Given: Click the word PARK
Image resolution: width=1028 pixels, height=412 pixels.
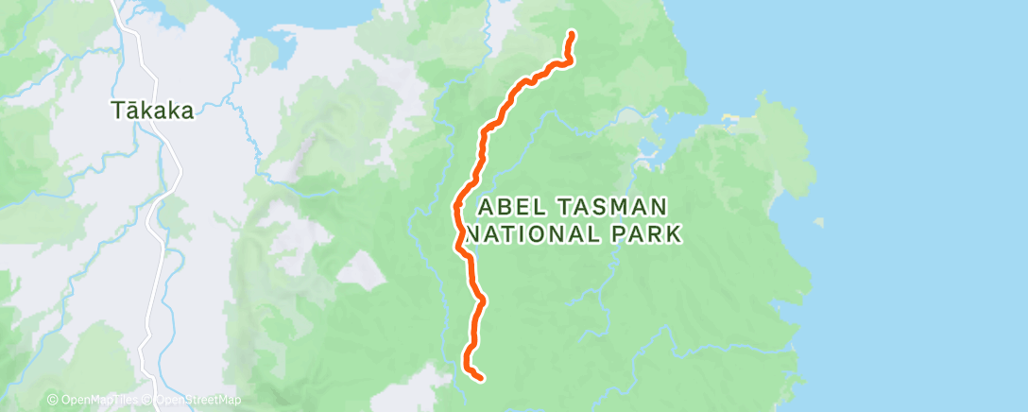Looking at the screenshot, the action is (x=648, y=233).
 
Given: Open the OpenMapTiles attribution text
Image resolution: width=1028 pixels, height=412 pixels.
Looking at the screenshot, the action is (x=102, y=401).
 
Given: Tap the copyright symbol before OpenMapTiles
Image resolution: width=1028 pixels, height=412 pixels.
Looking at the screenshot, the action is (x=53, y=401).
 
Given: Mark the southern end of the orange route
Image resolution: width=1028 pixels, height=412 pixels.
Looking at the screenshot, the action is (x=482, y=378).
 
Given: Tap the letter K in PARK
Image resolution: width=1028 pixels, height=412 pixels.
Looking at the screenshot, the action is (x=673, y=233).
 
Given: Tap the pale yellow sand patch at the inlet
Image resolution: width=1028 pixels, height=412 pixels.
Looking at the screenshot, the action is (x=728, y=120).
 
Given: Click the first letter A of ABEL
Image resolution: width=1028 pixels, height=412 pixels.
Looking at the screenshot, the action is (x=487, y=207).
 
